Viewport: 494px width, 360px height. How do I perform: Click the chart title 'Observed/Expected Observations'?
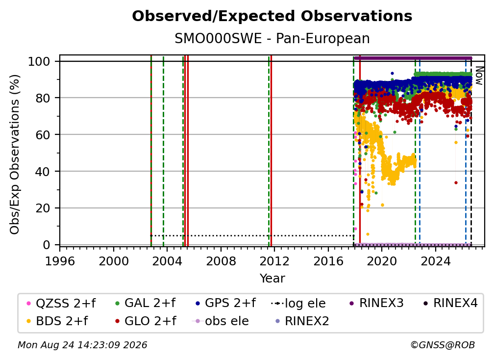272,16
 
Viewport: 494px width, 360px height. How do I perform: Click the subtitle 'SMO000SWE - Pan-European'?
272,38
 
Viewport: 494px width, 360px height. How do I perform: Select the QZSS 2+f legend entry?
61,303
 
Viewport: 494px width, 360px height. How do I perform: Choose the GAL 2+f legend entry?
145,303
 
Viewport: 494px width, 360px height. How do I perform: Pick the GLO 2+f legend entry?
146,321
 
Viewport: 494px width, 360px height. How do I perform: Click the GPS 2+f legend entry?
225,303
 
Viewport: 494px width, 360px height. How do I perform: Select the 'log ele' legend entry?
298,303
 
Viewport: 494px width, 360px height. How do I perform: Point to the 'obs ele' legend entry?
220,321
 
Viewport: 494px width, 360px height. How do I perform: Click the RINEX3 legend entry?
376,303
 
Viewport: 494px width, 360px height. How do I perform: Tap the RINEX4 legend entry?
450,303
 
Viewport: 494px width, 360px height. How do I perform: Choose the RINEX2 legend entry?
302,321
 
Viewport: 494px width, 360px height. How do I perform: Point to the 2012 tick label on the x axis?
274,261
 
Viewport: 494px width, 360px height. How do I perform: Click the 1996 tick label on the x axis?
60,261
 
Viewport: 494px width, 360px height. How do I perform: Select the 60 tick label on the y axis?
43,134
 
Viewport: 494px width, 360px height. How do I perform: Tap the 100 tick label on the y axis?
39,61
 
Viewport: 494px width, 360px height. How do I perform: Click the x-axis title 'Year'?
272,279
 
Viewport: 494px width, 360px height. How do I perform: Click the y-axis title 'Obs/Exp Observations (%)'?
15,154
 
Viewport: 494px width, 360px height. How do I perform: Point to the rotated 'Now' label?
479,76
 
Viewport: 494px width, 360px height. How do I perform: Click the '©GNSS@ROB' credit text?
443,345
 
